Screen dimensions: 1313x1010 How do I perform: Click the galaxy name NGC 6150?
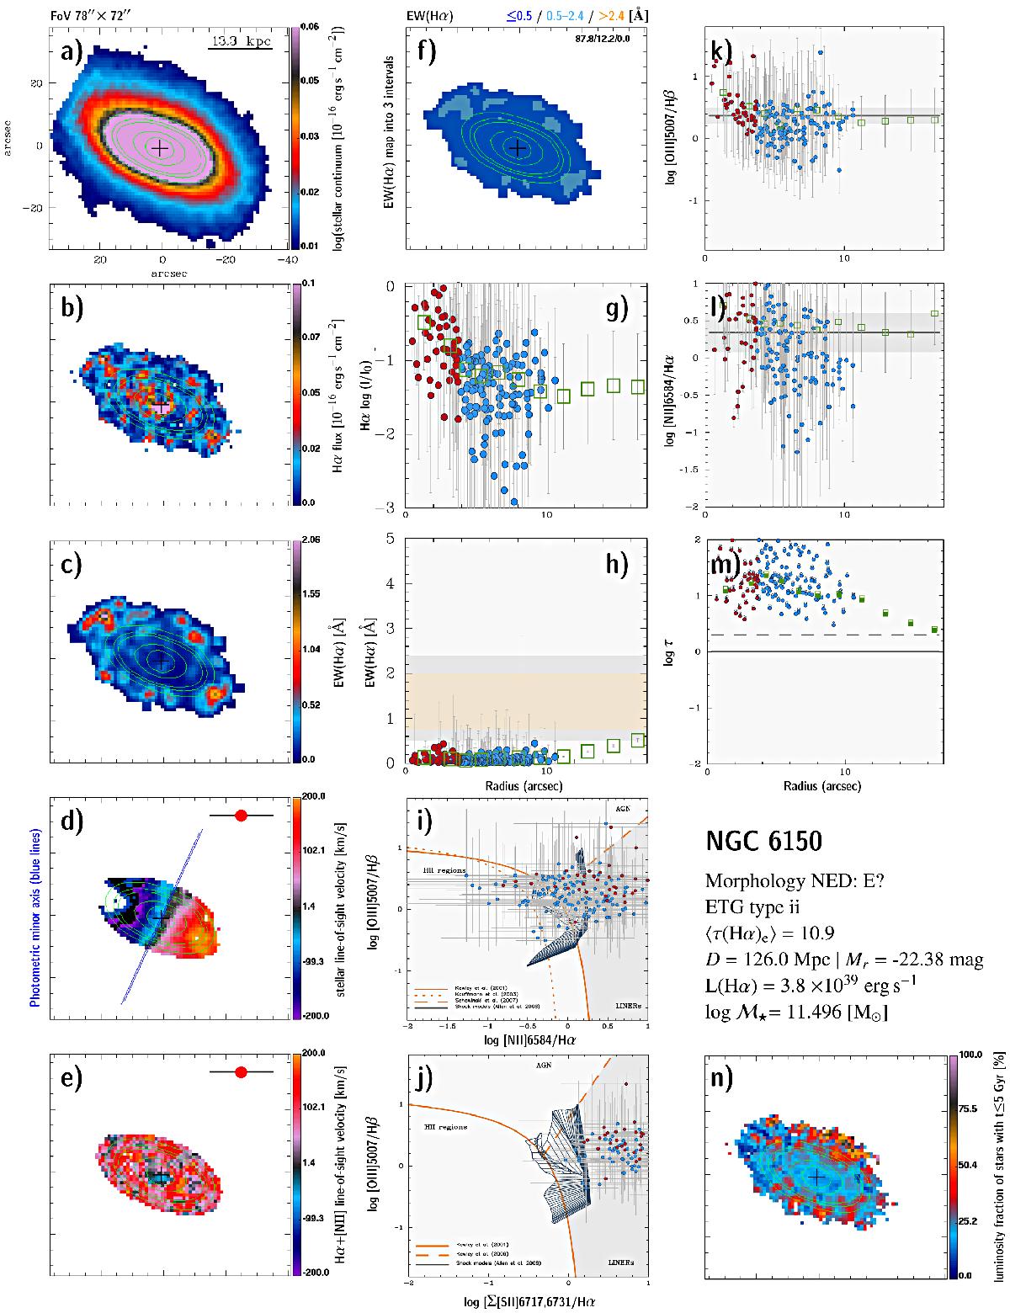pos(763,841)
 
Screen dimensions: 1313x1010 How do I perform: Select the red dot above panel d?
pos(242,815)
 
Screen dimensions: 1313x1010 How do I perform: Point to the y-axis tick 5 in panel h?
pos(397,539)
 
